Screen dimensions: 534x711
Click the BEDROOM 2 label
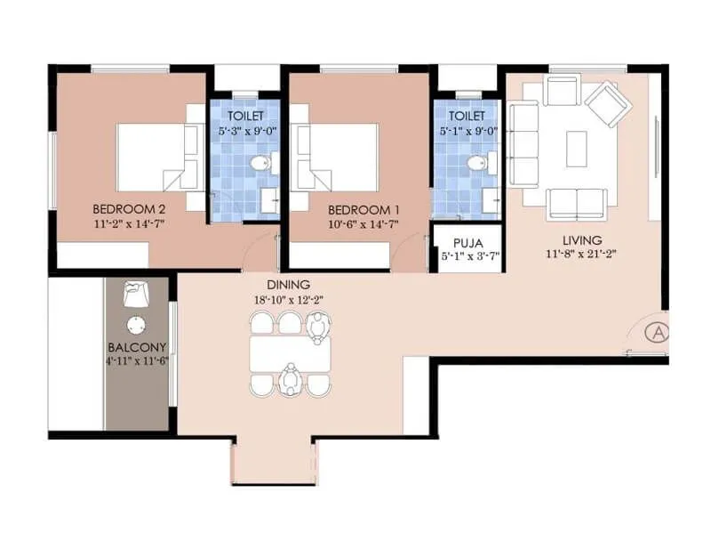(130, 210)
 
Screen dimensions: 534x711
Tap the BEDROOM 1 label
(363, 210)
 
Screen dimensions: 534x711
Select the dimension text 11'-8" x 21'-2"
(582, 254)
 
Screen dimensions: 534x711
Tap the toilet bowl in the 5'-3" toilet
(258, 164)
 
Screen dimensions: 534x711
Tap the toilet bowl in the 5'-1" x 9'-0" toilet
(478, 164)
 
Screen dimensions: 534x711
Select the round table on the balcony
(136, 324)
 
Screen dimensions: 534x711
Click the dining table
(290, 353)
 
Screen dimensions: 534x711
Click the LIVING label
(582, 240)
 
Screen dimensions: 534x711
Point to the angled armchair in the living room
(608, 103)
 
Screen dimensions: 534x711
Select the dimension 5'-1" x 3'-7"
(467, 256)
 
